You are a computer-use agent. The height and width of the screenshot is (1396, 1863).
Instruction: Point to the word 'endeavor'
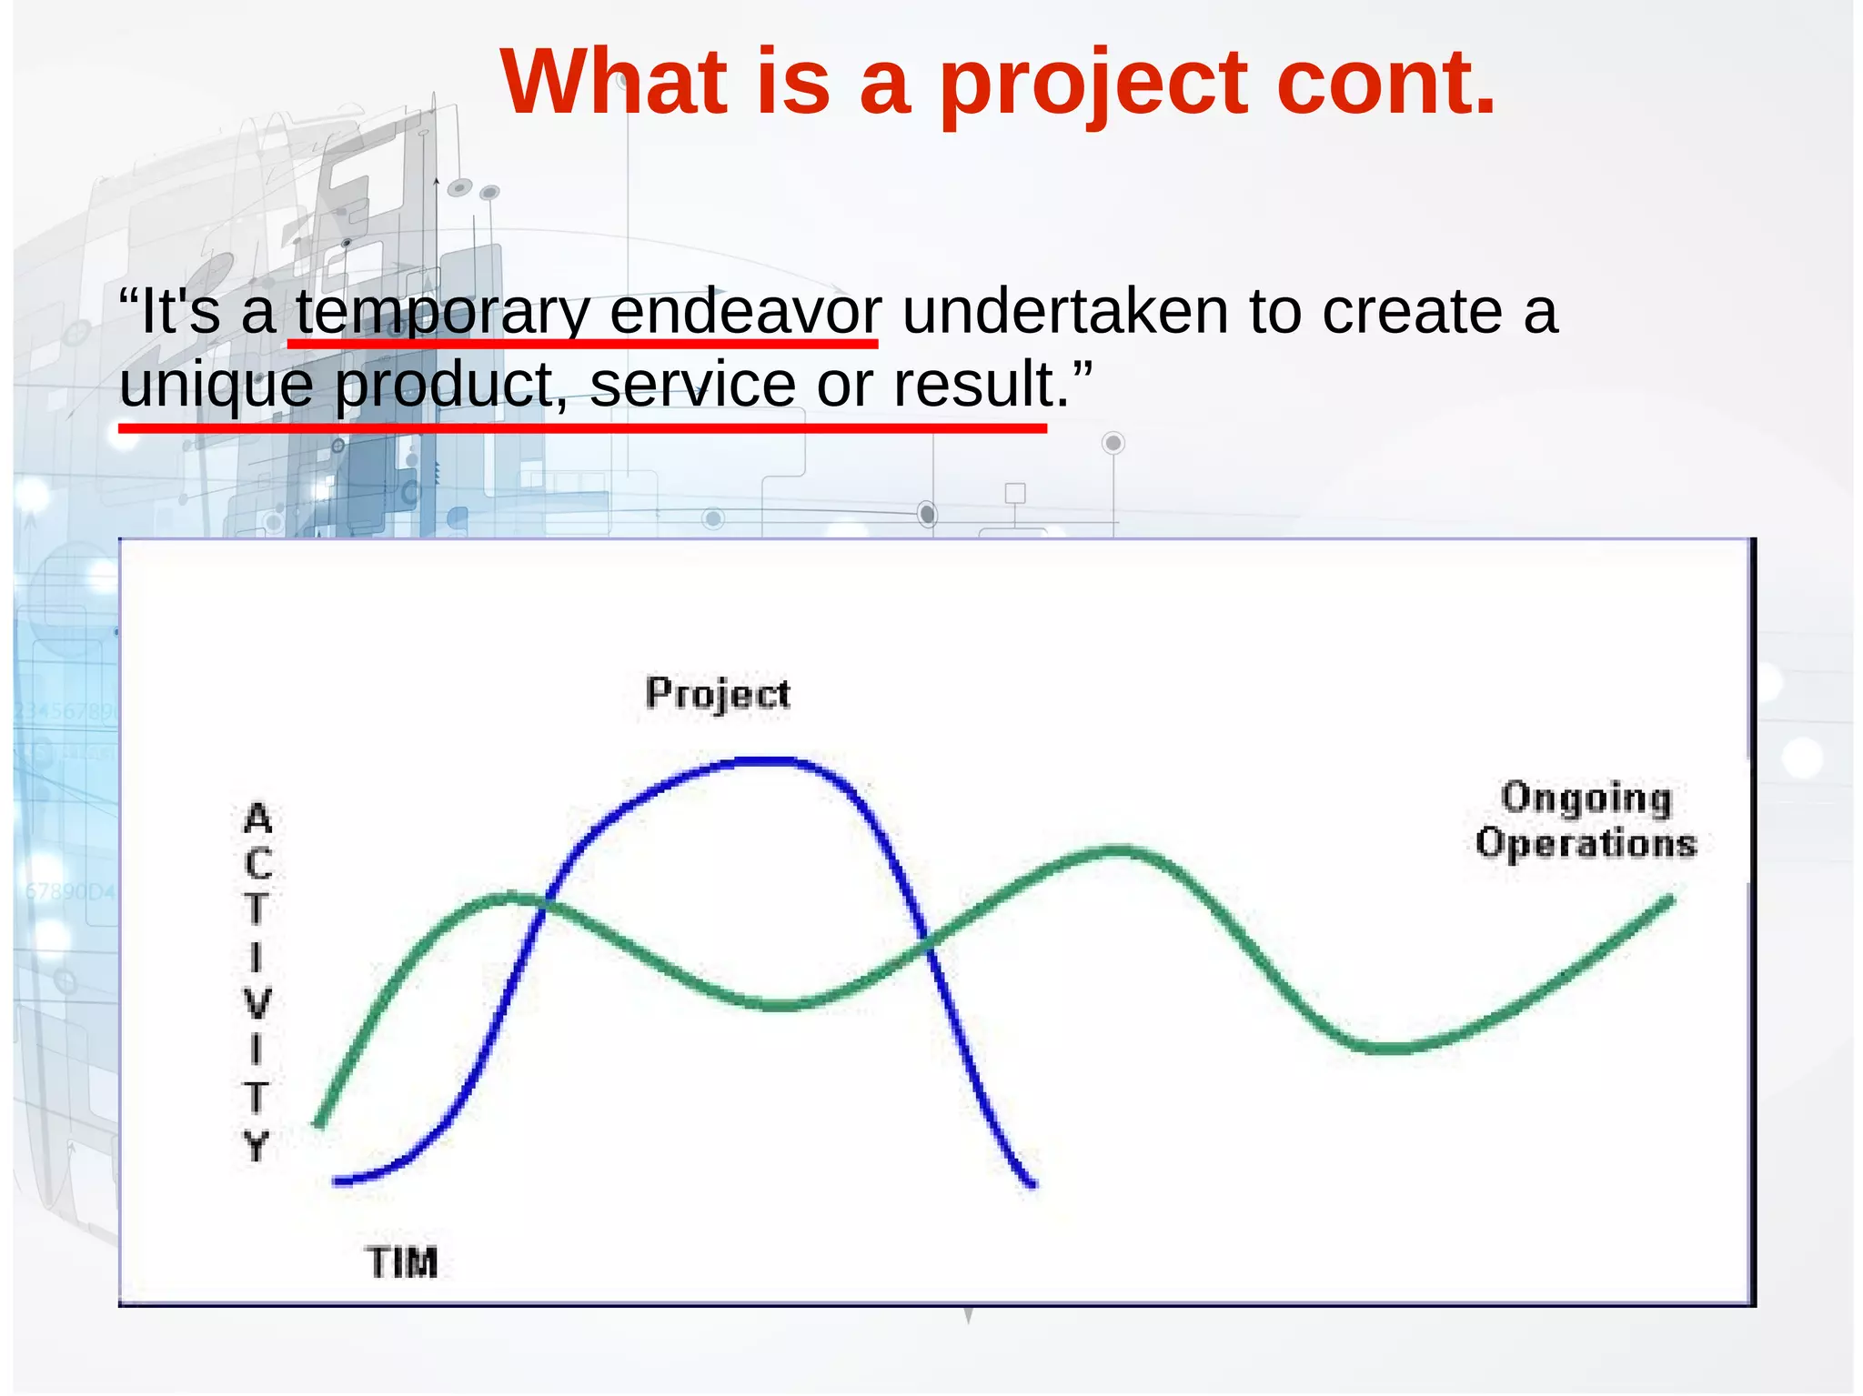point(744,311)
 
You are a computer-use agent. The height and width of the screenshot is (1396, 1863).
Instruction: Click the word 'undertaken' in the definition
point(1064,311)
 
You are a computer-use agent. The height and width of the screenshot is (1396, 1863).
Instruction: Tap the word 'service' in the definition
point(692,384)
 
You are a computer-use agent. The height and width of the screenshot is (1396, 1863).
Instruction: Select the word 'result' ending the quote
point(973,384)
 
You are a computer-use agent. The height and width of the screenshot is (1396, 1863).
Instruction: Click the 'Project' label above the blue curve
point(718,695)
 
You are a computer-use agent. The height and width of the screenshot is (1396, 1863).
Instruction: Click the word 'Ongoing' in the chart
point(1586,798)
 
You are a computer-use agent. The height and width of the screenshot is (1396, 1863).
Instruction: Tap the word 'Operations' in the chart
point(1586,844)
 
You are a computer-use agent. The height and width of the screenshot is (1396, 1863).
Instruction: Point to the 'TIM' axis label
point(401,1262)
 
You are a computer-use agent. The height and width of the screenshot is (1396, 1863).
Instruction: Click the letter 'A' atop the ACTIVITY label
point(257,819)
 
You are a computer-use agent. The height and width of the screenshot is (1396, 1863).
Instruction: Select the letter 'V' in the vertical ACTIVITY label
point(257,1004)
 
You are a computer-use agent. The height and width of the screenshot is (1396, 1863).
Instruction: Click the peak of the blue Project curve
point(769,760)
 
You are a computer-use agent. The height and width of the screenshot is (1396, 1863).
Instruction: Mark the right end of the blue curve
point(1032,1183)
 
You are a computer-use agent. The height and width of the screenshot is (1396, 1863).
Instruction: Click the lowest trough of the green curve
point(1387,1048)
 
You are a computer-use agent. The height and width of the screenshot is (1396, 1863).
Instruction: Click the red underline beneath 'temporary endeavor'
point(582,344)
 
